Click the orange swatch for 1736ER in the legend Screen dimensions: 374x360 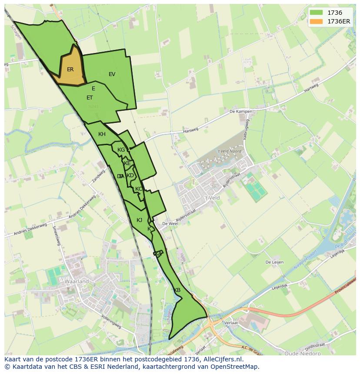pyautogui.click(x=317, y=21)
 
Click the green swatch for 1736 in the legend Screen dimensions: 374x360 pyautogui.click(x=317, y=13)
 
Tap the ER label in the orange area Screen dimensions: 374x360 pyautogui.click(x=70, y=70)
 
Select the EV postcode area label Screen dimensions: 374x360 pyautogui.click(x=112, y=74)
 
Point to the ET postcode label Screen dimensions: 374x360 pyautogui.click(x=90, y=98)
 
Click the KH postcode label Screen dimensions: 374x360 pyautogui.click(x=102, y=134)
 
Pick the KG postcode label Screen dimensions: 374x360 pyautogui.click(x=121, y=150)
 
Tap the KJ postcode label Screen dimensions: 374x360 pyautogui.click(x=139, y=220)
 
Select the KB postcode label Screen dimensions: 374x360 pyautogui.click(x=177, y=290)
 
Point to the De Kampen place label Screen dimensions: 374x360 pyautogui.click(x=241, y=112)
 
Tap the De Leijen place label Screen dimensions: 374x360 pyautogui.click(x=275, y=262)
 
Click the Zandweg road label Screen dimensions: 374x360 pyautogui.click(x=99, y=176)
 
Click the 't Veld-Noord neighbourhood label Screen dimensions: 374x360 pyautogui.click(x=230, y=151)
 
